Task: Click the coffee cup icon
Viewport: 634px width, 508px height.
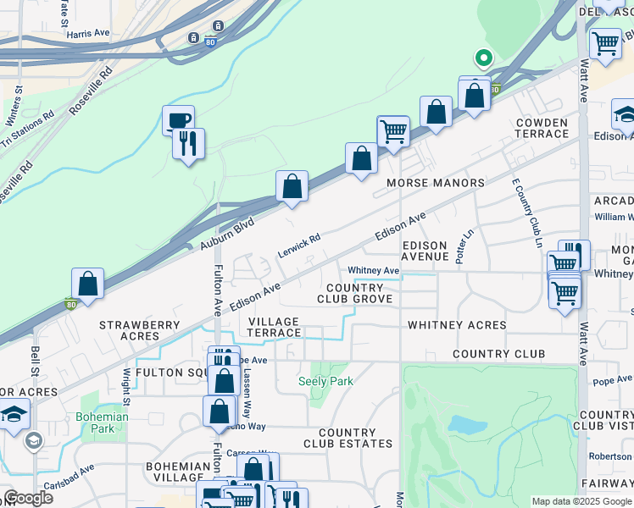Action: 178,120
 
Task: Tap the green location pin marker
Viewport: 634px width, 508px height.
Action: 483,58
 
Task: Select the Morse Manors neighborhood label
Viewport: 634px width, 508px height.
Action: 435,183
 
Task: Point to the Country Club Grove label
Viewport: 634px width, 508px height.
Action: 354,293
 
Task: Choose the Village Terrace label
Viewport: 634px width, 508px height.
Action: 273,327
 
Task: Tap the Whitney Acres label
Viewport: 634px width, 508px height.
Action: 457,325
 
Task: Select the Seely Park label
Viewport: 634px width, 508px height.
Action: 325,382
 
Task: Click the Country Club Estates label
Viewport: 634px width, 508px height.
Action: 348,438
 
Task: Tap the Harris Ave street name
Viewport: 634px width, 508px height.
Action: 89,33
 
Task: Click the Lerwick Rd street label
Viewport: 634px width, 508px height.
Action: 299,246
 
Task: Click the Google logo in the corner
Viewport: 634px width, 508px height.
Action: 27,498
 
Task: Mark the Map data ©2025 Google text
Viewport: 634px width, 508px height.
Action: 581,501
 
